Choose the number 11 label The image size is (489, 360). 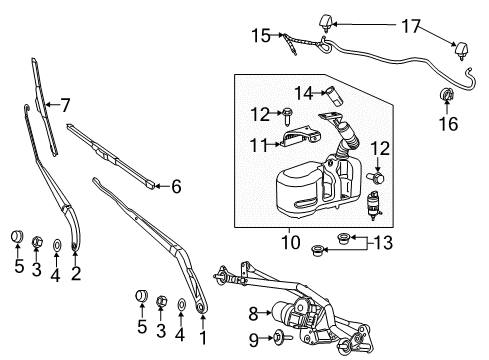click(x=259, y=146)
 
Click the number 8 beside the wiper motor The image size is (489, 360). click(x=253, y=313)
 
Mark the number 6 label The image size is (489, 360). click(x=177, y=185)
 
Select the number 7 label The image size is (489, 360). click(x=65, y=103)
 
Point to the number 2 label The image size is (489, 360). click(x=75, y=271)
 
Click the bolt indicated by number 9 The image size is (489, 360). click(x=275, y=339)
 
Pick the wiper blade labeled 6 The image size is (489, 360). click(x=110, y=154)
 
